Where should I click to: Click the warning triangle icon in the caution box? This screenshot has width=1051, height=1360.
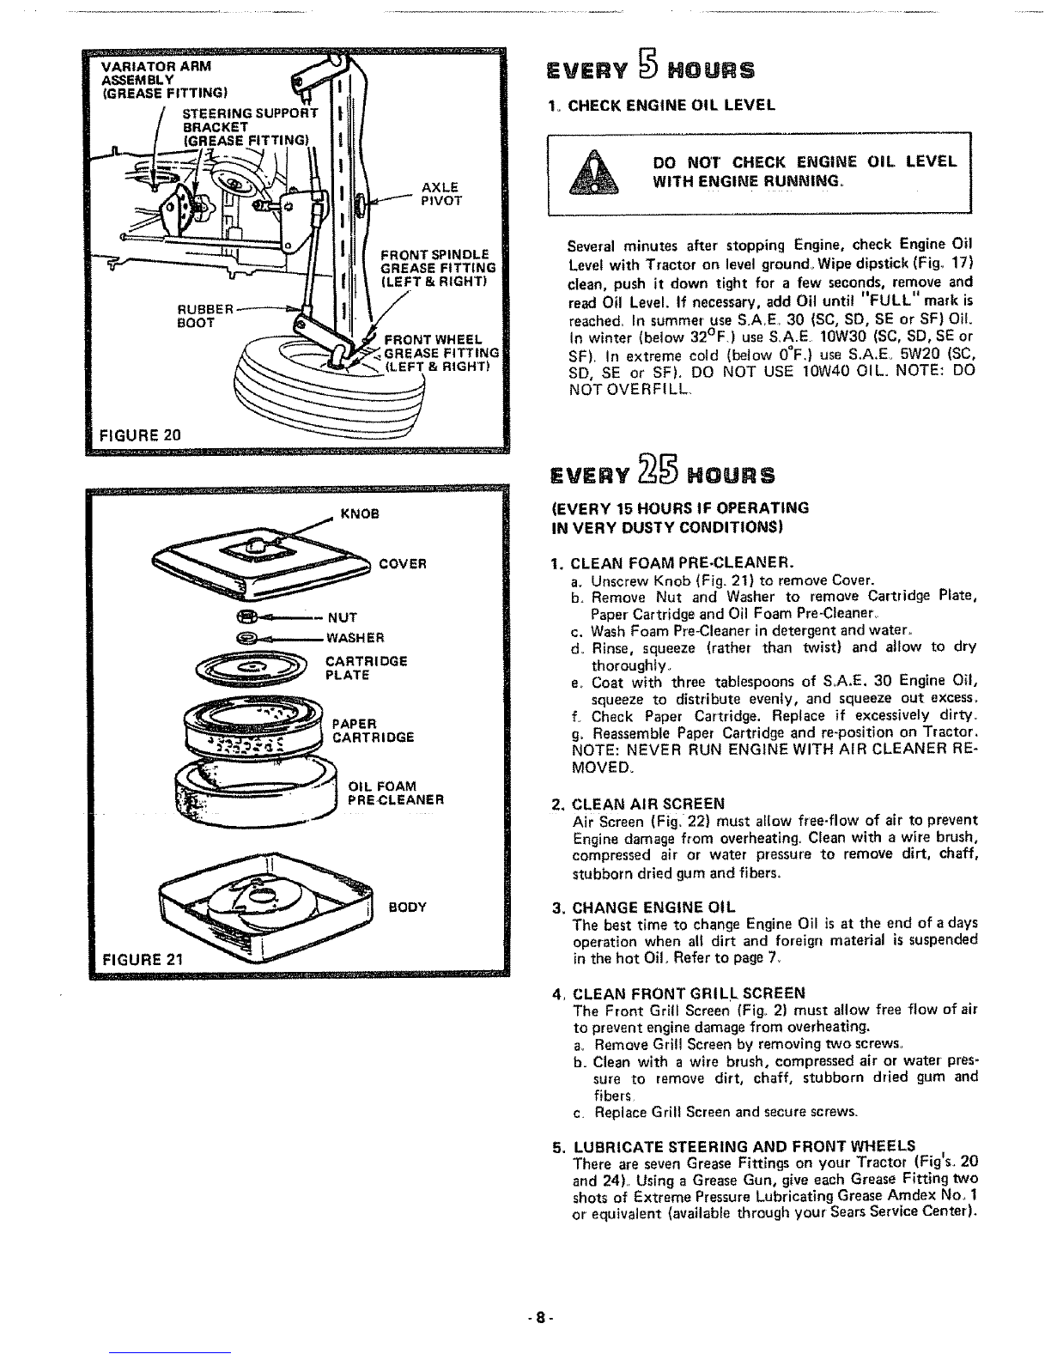[x=593, y=173]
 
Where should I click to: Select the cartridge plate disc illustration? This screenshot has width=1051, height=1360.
[x=252, y=668]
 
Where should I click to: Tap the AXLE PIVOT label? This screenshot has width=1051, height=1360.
[x=441, y=194]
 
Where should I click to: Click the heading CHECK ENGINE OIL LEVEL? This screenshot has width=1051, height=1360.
[x=671, y=105]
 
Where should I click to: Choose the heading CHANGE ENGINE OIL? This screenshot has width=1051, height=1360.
[x=654, y=908]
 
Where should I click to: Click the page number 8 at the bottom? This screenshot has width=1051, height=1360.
[x=539, y=1315]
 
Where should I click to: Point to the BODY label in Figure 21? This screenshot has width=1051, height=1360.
[x=408, y=907]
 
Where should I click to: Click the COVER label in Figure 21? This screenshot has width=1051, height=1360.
[x=403, y=564]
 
